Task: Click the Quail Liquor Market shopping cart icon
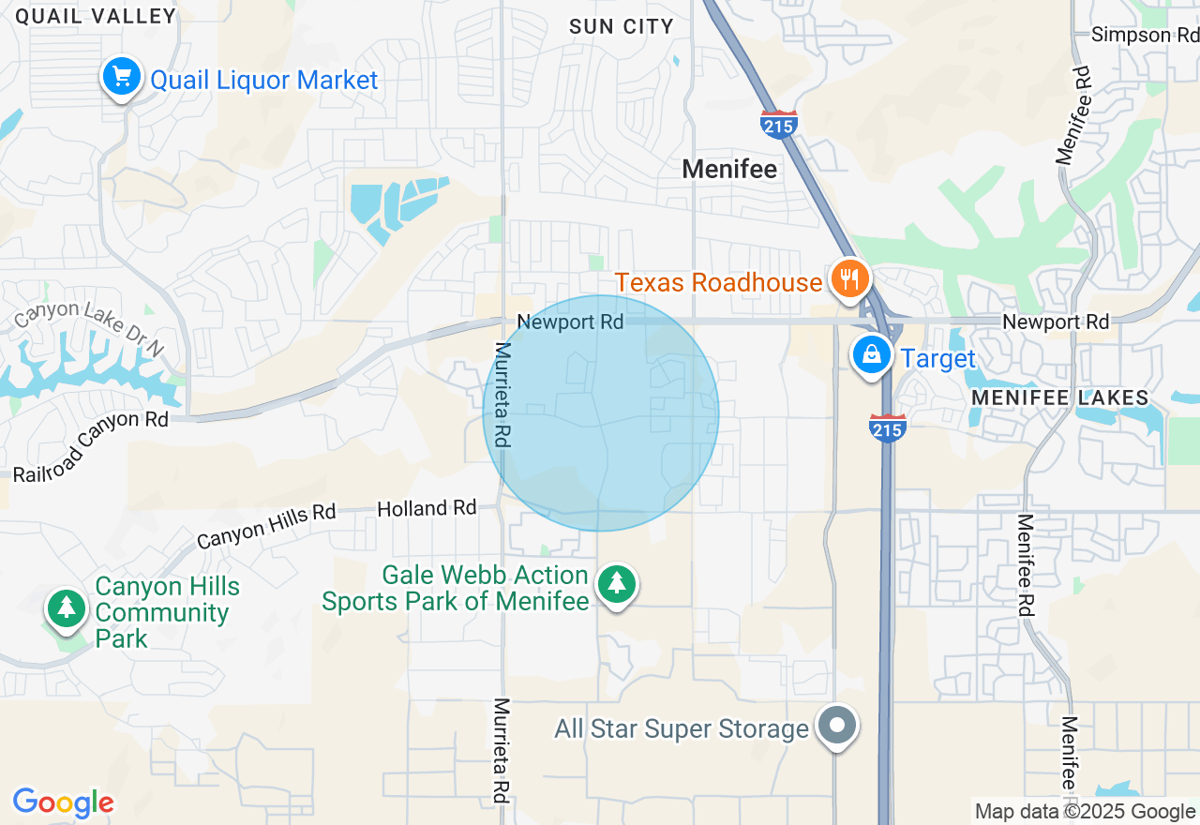coord(121,77)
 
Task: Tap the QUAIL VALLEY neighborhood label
coord(96,16)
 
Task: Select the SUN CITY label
coord(621,26)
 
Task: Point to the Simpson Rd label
coord(1145,36)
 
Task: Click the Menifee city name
coord(729,169)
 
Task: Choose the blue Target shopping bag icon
coord(872,355)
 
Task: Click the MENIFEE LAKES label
coord(1059,397)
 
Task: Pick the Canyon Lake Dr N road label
coord(88,327)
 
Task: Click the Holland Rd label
coord(427,508)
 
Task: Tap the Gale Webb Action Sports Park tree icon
coord(616,584)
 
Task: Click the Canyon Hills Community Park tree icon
coord(66,608)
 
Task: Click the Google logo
coord(63,802)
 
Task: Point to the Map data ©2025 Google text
coord(1085,812)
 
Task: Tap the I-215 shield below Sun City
coord(779,125)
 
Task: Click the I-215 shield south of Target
coord(887,427)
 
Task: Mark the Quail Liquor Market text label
coord(264,81)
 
